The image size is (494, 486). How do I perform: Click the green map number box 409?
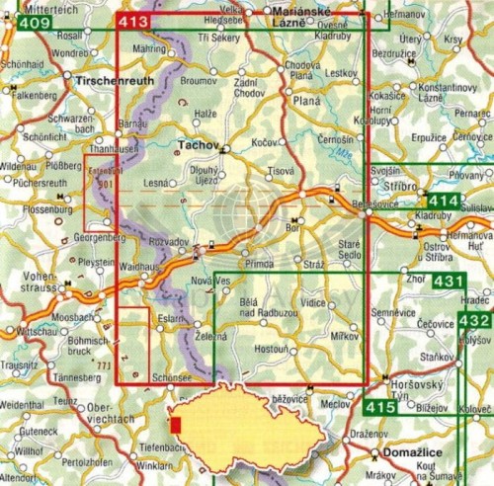[35, 23]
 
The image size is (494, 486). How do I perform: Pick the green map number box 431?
[448, 282]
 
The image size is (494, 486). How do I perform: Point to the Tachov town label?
[195, 144]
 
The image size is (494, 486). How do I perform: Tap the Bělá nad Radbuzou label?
[263, 307]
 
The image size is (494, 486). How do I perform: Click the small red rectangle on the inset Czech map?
[176, 425]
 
